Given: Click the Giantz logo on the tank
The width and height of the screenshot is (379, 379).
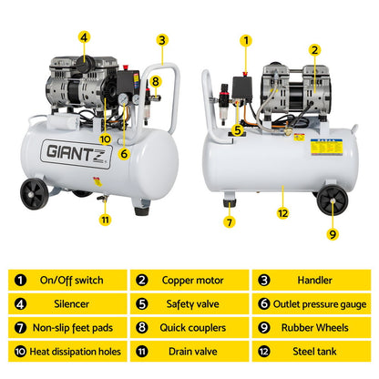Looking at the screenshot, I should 75,151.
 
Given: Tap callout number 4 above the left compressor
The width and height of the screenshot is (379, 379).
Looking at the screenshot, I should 84,38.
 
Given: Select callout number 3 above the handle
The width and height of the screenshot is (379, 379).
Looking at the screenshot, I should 161,40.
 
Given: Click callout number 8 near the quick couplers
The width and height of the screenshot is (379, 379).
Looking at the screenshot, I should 155,81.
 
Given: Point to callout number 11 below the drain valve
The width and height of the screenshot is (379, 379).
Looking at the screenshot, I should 105,219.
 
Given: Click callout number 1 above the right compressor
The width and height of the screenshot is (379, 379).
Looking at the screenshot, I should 245,40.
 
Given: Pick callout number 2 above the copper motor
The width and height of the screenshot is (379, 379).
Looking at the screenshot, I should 314,51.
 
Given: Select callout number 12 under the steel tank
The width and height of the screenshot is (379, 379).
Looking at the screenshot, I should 283,213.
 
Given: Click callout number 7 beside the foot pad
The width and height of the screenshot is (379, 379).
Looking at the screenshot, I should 229,221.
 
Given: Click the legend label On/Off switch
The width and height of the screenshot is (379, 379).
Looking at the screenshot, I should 70,281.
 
